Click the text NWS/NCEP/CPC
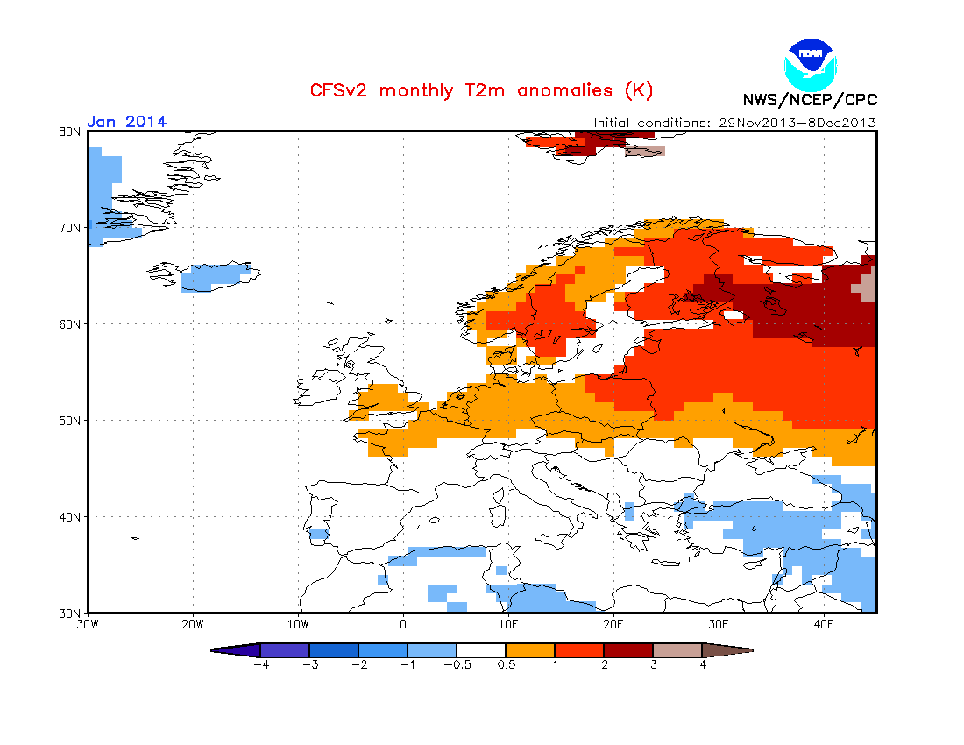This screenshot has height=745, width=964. [810, 99]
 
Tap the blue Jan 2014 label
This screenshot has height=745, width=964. [127, 122]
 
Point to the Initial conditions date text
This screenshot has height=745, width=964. [734, 123]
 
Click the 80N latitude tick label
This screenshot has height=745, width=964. [70, 131]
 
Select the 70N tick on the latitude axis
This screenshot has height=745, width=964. [70, 228]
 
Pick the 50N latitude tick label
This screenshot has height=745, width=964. [70, 421]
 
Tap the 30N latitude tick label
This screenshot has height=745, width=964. [70, 613]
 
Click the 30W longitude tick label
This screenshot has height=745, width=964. [88, 625]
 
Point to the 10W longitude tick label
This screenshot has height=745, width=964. [298, 625]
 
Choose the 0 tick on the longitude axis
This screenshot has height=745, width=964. [403, 625]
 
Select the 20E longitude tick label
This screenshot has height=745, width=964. [613, 625]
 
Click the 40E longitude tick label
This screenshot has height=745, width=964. [824, 625]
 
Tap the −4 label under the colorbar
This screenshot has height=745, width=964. [260, 664]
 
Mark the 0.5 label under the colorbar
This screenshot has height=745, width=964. [506, 664]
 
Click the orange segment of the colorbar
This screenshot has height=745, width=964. [530, 650]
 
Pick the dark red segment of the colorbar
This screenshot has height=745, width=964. [628, 650]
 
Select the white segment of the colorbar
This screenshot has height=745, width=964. [481, 650]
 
